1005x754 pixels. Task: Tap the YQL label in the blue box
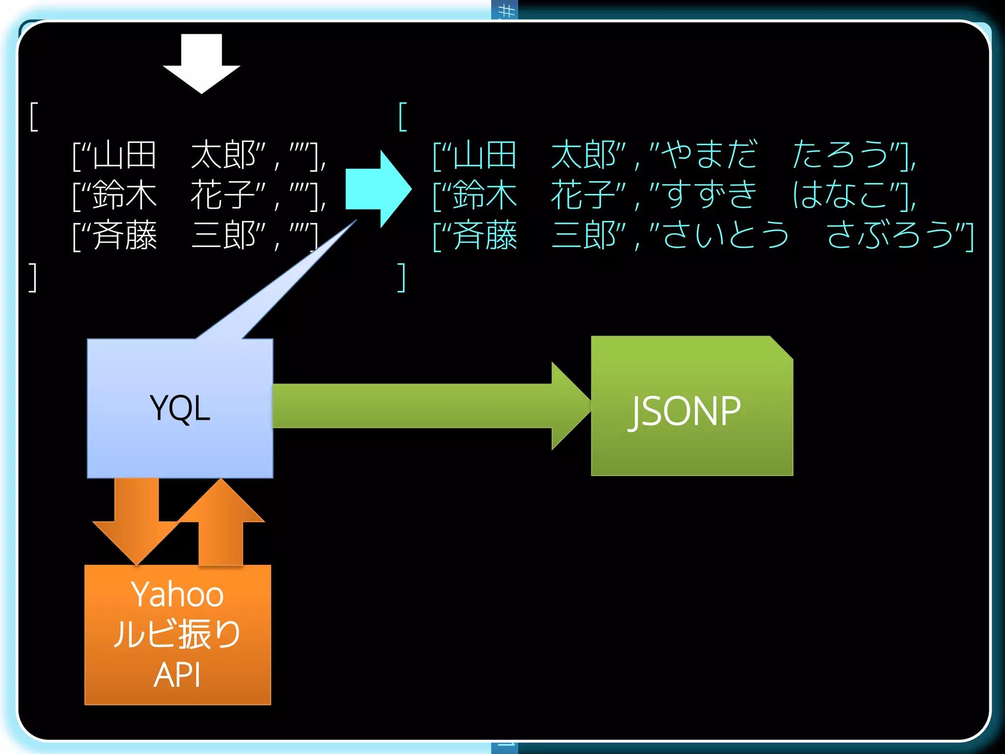point(180,408)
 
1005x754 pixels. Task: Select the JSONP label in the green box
point(685,411)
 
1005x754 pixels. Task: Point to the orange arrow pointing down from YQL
point(136,520)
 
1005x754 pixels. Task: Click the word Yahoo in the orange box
point(177,594)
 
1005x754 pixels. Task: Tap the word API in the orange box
point(177,675)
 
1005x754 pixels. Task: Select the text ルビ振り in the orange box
point(177,634)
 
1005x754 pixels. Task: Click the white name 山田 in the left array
point(124,155)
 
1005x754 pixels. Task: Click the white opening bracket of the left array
point(33,117)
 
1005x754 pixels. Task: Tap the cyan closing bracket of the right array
point(401,277)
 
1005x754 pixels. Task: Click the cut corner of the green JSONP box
point(781,348)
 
